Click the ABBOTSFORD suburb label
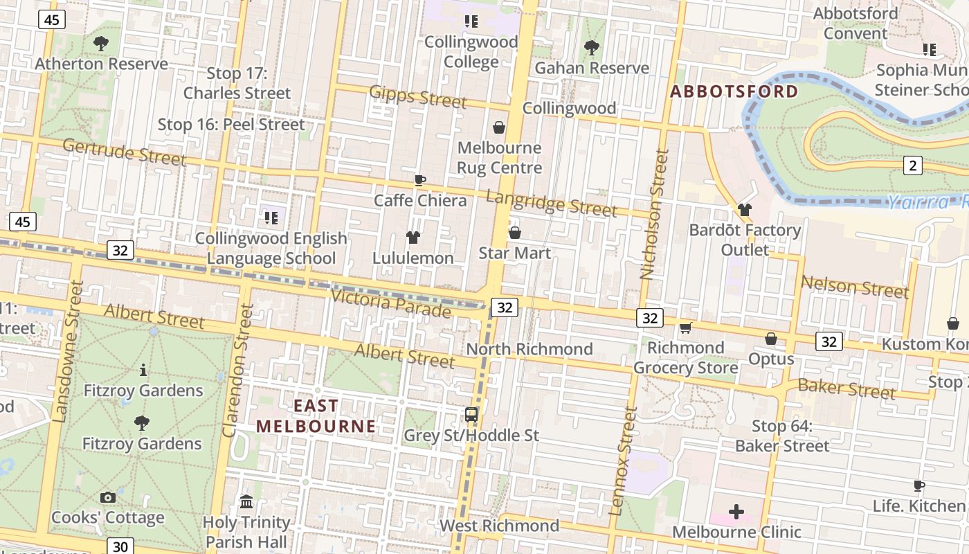pos(734,91)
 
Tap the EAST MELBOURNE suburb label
pos(316,416)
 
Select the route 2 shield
pos(913,165)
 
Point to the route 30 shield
pos(118,546)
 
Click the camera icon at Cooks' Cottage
pos(107,497)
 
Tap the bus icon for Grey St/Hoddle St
pos(471,415)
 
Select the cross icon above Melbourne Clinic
pos(736,512)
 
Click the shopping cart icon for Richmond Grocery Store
pos(685,328)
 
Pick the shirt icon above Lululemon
pos(413,238)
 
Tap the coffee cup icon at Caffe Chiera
pos(419,180)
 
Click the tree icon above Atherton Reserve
pos(101,44)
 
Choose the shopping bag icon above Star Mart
pos(514,233)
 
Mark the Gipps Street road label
pos(418,97)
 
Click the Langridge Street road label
pos(551,203)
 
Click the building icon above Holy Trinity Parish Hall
pos(246,501)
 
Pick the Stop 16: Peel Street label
pos(231,125)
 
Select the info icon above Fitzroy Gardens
pos(143,370)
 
